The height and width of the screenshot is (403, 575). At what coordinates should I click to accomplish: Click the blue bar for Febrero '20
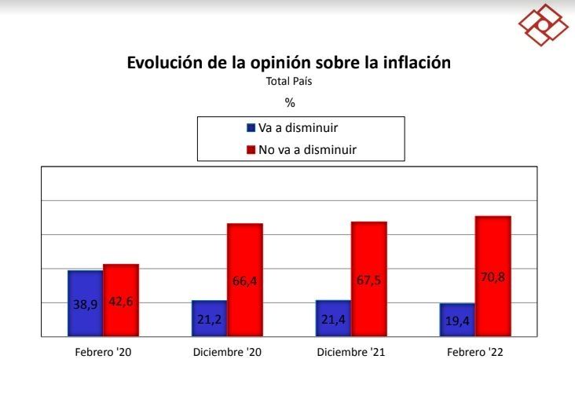coord(85,303)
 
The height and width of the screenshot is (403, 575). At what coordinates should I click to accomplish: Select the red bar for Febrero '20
coord(121,300)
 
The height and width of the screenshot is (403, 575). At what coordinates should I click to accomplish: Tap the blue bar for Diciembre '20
coord(209,318)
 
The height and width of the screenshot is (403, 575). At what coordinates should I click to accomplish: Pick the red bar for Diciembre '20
coord(245,280)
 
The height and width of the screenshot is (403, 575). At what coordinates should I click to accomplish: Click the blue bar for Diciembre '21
coord(333,318)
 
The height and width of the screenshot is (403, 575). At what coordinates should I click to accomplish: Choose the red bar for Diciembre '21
coord(369,279)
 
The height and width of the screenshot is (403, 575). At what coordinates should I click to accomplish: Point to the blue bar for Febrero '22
coord(457,320)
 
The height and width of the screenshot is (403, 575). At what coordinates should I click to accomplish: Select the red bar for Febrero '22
coord(493,276)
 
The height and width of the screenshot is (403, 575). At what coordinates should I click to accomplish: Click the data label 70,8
coord(493,276)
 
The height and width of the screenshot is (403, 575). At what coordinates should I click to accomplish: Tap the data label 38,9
coord(85,303)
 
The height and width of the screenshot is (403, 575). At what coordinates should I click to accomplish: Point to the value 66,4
coord(245,280)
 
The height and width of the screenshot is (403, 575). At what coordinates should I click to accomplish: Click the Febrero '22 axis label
coord(475,353)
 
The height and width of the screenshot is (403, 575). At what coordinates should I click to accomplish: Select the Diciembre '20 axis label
coord(227,353)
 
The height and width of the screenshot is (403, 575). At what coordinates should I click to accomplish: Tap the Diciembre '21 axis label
coord(351,353)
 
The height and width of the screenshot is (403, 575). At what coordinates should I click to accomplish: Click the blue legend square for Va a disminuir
coord(251,127)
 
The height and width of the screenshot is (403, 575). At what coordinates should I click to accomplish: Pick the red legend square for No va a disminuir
coord(251,148)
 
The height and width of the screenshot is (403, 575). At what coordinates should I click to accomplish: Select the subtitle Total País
coord(289,80)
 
